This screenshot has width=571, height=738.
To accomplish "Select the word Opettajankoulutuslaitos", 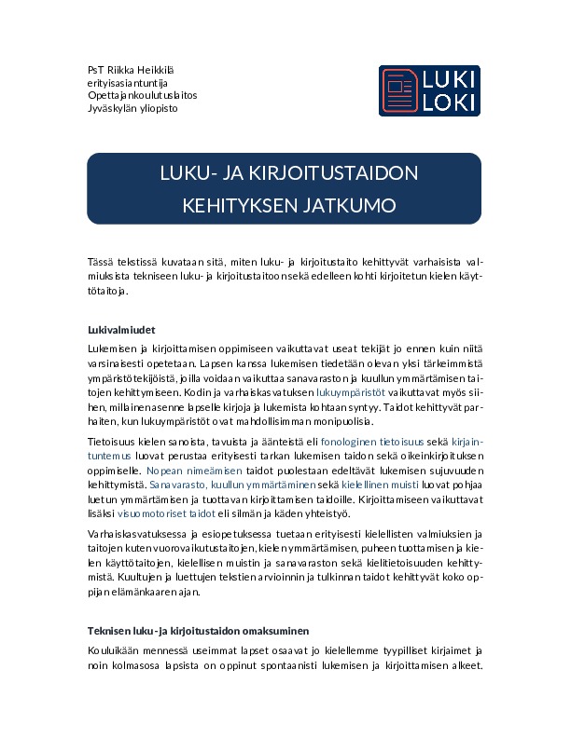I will click(142, 95).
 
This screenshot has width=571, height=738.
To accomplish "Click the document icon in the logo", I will click(400, 90).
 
